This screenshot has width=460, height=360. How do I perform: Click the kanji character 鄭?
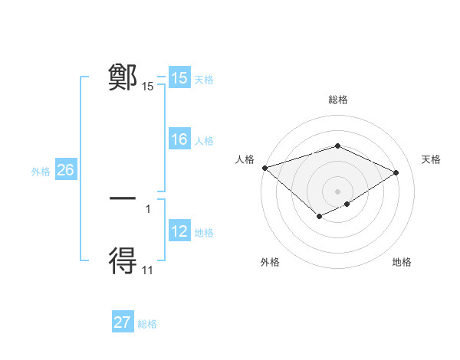tap(123, 77)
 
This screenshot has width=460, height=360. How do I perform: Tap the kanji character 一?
tap(123, 198)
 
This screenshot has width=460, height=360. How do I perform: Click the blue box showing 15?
tap(179, 78)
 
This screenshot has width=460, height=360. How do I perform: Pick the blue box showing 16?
tap(179, 139)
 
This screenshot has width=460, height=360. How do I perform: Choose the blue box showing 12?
tap(179, 231)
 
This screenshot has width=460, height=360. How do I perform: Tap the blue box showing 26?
tap(65, 170)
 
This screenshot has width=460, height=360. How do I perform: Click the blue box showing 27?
tap(123, 322)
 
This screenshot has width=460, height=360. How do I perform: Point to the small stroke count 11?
tap(148, 270)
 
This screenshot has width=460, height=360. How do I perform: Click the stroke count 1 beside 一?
tap(148, 208)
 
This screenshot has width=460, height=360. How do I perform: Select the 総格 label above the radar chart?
tap(338, 100)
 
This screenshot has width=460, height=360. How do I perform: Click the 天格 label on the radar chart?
tap(431, 159)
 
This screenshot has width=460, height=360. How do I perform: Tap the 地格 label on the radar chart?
tap(402, 262)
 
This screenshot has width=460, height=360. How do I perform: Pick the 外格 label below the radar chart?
tap(270, 262)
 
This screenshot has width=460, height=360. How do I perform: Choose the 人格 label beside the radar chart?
tap(245, 159)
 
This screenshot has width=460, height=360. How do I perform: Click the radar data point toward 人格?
tap(264, 167)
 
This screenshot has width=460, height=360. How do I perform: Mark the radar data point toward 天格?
tap(396, 172)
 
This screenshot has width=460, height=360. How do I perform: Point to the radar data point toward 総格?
tap(337, 146)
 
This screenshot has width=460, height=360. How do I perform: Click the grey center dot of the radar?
tap(337, 191)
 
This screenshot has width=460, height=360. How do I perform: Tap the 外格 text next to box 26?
tap(41, 172)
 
